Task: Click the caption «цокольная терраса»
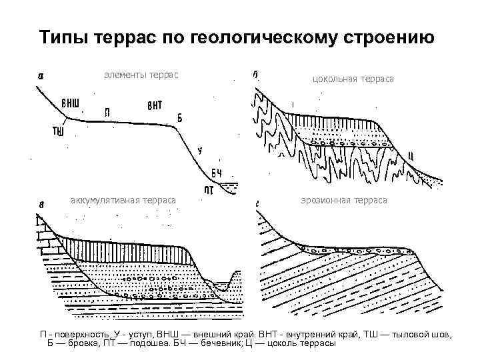(353, 79)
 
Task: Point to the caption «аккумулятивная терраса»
(123, 200)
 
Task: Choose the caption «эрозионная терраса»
(343, 200)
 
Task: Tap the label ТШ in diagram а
(58, 131)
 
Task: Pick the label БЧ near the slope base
(217, 174)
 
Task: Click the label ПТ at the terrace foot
(209, 189)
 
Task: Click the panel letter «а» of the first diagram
(41, 75)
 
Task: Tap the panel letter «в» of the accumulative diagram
(41, 204)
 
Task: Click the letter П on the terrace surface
(107, 111)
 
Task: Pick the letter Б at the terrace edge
(179, 118)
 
